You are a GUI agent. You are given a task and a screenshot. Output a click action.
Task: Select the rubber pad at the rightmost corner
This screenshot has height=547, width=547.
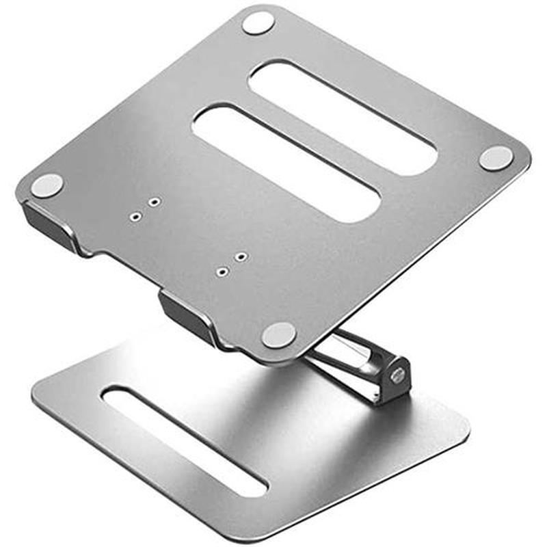pos(496,157)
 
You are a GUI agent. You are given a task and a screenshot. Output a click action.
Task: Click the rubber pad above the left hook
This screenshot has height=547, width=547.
pos(47,185)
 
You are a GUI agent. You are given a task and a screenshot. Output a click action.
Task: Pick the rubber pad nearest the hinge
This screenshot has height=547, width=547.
pos(279,334)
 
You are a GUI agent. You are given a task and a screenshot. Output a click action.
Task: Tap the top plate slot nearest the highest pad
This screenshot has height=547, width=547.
pos(342,116)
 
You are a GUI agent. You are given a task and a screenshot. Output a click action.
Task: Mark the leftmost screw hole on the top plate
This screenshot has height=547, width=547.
pos(135,216)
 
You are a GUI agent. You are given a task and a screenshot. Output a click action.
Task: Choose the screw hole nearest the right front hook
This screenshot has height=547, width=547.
pos(221,271)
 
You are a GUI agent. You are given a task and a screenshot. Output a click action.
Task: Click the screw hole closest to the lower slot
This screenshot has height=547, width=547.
pos(241,256)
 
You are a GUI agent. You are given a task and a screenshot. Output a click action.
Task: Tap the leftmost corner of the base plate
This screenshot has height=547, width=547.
pos(38,397)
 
